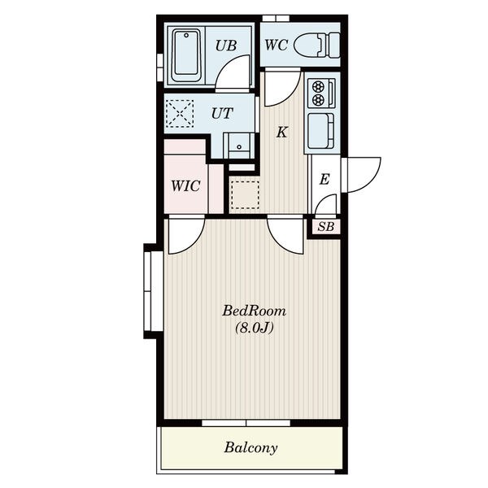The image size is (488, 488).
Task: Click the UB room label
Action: (x=226, y=46)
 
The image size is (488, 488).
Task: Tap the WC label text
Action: (x=276, y=45)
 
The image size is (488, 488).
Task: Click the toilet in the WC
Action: (x=316, y=46)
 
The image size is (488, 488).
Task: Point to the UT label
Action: (x=222, y=114)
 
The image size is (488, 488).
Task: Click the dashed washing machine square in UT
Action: (x=180, y=114)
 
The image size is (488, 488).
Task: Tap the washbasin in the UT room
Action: (x=238, y=146)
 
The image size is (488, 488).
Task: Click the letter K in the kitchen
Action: (x=282, y=133)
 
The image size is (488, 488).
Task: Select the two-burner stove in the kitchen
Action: (x=321, y=93)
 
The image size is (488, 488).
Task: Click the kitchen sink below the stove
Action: (x=321, y=131)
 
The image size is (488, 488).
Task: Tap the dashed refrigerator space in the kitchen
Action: (x=246, y=194)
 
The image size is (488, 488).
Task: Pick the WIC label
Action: (x=185, y=186)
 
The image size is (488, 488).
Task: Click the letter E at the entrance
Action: (x=325, y=179)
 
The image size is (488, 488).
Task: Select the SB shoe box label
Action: (x=326, y=227)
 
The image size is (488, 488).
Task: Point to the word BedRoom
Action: (x=254, y=311)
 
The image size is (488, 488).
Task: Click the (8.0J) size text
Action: (x=254, y=328)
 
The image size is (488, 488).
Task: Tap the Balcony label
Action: (x=251, y=448)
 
